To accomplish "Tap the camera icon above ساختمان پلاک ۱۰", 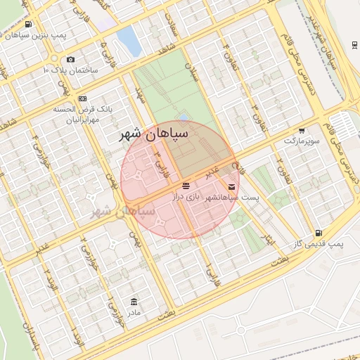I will pyautogui.click(x=70, y=60).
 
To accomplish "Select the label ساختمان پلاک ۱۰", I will pyautogui.click(x=71, y=70).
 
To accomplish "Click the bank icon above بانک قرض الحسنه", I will pyautogui.click(x=83, y=98).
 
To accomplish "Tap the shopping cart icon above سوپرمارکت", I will pyautogui.click(x=302, y=130).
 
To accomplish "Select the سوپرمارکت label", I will pyautogui.click(x=302, y=141).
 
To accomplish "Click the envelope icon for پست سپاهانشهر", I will pyautogui.click(x=232, y=187).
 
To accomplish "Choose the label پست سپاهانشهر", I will pyautogui.click(x=231, y=198).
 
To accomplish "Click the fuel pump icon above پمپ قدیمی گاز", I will pyautogui.click(x=319, y=233).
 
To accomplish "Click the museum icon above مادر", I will pyautogui.click(x=134, y=301).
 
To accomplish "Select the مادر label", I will pyautogui.click(x=134, y=311).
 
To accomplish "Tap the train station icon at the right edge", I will pyautogui.click(x=353, y=45).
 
